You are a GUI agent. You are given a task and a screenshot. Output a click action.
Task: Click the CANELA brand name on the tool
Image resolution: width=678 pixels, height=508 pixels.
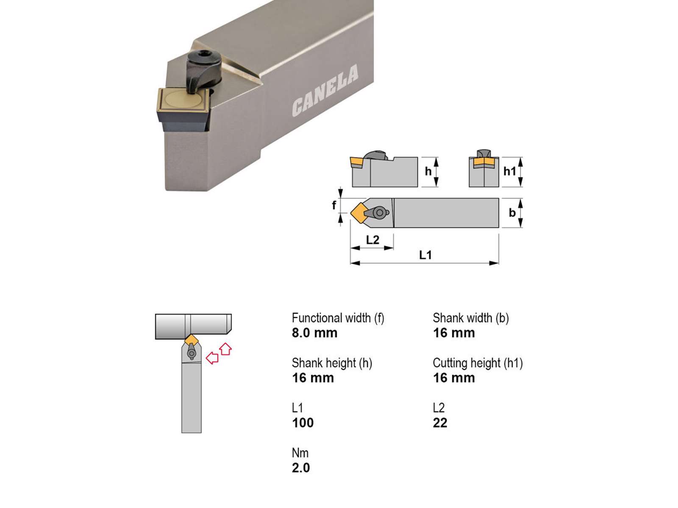tap(325, 91)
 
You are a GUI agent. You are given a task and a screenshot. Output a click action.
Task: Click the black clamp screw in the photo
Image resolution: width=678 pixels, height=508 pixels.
tap(204, 71)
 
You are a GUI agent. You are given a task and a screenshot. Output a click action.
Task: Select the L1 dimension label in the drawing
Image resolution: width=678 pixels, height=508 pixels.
tap(425, 255)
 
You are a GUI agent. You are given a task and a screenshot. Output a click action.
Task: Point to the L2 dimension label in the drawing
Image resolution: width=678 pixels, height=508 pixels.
tap(372, 240)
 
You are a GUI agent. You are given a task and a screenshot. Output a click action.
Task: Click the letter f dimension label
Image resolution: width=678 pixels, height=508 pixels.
tap(334, 205)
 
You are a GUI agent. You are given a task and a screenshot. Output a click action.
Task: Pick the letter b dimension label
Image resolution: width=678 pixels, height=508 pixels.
tap(512, 213)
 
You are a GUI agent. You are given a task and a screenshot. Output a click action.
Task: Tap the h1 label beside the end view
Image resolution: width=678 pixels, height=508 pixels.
tap(510, 171)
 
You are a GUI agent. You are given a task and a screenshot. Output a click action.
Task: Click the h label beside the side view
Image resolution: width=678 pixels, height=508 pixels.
tap(428, 171)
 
